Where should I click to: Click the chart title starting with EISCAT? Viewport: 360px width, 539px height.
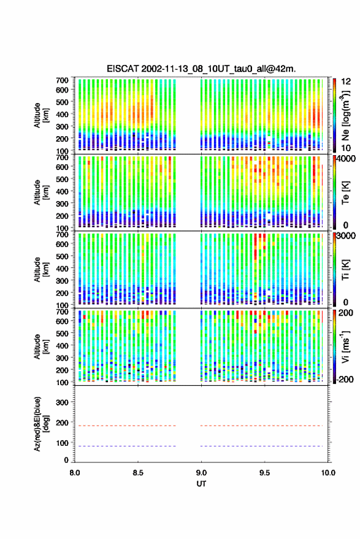coord(201,69)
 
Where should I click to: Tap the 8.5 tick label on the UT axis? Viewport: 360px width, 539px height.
coord(138,473)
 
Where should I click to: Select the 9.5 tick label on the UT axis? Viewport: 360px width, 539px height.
coord(264,473)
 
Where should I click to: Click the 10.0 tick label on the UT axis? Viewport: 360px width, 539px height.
coord(328,473)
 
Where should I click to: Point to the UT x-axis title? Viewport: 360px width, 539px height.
coord(201,484)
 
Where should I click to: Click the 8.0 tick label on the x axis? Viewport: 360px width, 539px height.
coord(75,473)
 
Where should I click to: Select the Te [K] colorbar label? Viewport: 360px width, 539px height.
coord(345,193)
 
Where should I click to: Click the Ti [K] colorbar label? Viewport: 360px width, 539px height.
coord(345,270)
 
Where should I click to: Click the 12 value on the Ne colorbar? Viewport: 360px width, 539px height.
coord(347,82)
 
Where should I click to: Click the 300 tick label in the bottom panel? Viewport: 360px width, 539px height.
coord(62,402)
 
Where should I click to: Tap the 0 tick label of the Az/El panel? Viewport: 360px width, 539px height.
coord(66,460)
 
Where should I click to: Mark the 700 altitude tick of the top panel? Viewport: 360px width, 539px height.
coord(62,80)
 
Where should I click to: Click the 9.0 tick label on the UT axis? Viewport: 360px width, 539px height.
coord(201,473)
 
